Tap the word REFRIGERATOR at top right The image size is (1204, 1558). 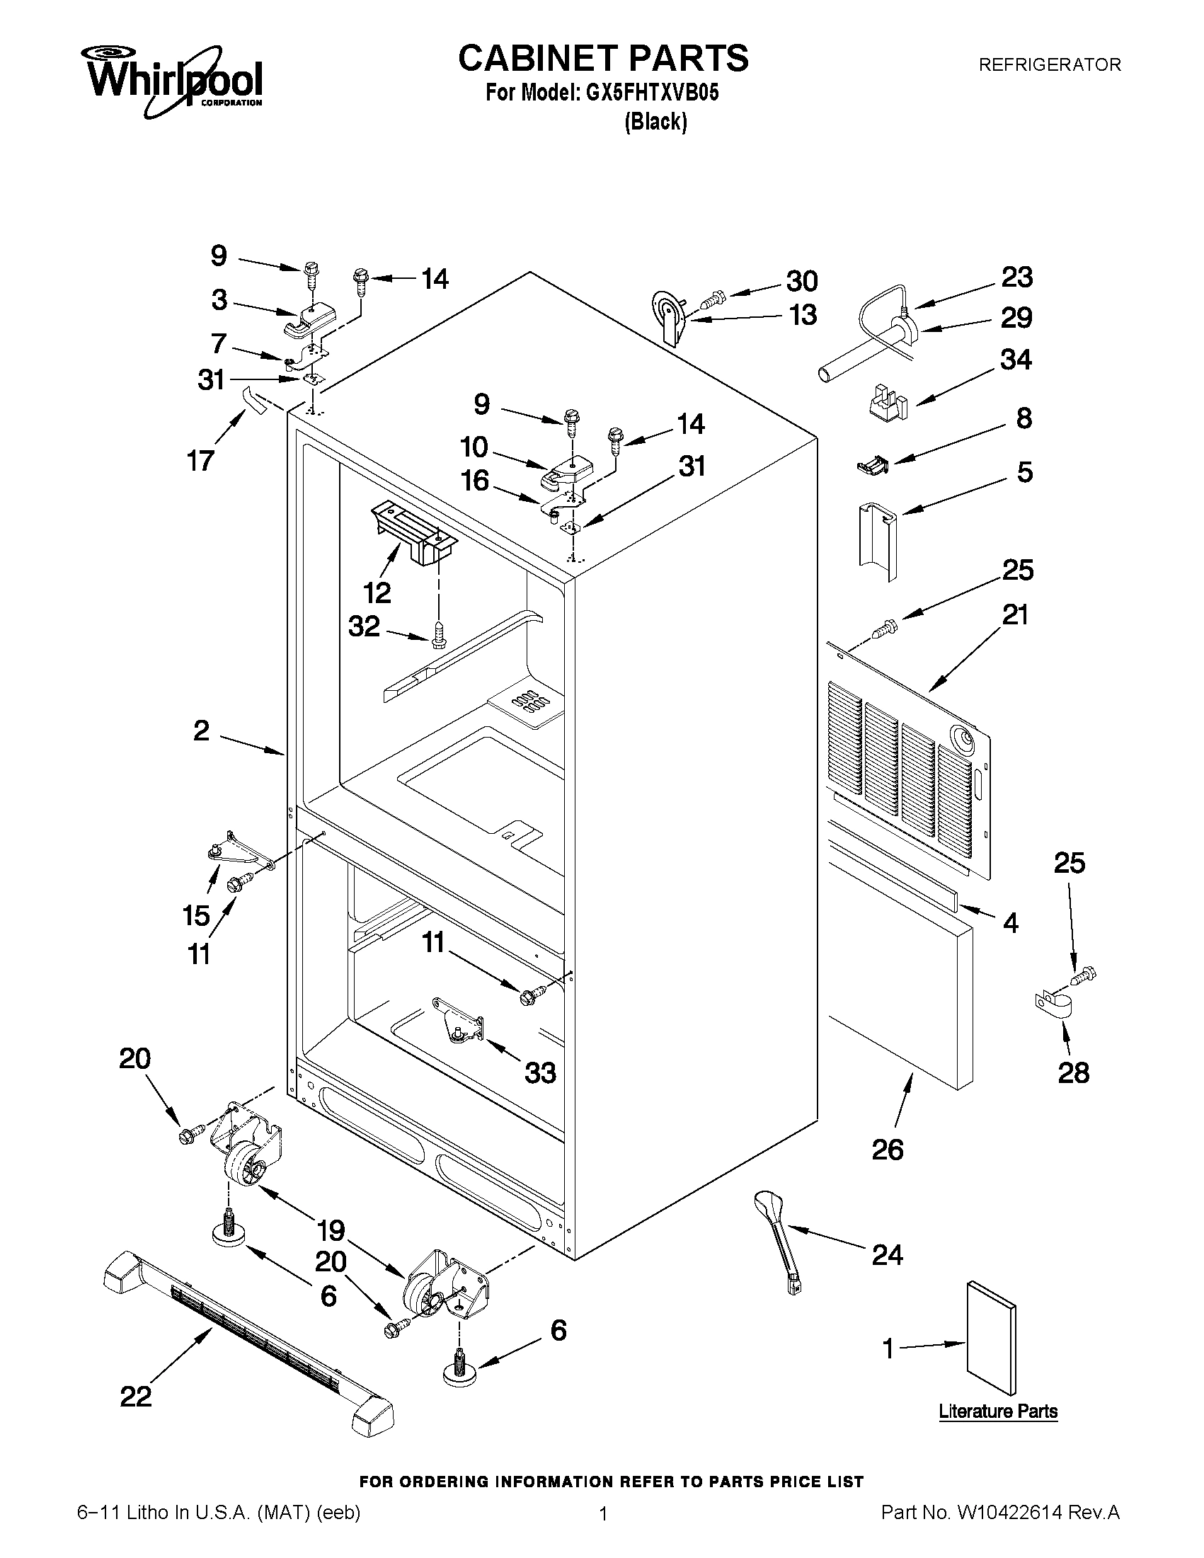tap(1049, 65)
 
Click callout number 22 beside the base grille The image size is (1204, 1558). tap(135, 1396)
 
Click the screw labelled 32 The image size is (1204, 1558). tap(438, 632)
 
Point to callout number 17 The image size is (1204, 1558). tap(201, 461)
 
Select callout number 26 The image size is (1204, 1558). tap(888, 1150)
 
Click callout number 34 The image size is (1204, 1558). tap(1016, 360)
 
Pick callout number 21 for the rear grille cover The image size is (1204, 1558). tap(1016, 614)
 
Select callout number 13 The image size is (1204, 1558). tap(803, 314)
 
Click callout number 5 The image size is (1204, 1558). tap(1025, 472)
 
